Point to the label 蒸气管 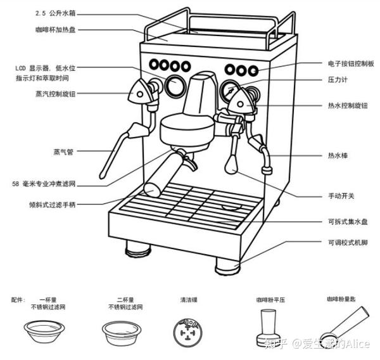point(64,152)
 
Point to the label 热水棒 point(336,155)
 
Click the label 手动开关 point(339,196)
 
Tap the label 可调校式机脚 point(345,242)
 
